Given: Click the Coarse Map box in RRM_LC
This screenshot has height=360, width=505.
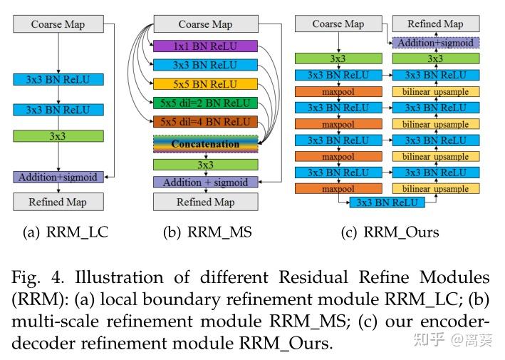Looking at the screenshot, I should tap(58, 24).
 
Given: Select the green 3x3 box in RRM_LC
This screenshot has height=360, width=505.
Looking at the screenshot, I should tap(58, 135).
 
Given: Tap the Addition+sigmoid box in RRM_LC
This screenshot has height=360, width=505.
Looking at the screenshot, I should tap(58, 177).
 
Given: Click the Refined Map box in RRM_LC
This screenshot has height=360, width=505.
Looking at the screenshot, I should tap(58, 202).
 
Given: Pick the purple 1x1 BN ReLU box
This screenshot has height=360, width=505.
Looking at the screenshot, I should tap(205, 46).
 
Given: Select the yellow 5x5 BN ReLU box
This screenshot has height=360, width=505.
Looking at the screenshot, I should tap(205, 84).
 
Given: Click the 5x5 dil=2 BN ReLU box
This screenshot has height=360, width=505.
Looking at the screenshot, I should tap(205, 103).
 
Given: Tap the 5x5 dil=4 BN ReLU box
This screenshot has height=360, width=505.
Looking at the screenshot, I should tap(205, 121).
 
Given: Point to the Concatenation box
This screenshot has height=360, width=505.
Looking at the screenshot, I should tap(205, 143).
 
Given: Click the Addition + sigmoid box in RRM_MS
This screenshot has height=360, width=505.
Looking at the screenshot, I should tap(205, 182).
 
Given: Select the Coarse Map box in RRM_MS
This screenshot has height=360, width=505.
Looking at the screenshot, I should tap(205, 24).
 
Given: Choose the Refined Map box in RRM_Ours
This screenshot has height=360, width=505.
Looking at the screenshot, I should tap(435, 24).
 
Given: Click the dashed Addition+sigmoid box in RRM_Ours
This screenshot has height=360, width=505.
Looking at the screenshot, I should tap(435, 43).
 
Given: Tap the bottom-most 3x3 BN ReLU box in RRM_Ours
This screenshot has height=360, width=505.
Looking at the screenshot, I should tap(387, 202).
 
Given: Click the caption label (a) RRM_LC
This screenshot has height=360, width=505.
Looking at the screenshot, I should tap(66, 232).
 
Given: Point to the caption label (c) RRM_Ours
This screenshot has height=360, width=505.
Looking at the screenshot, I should tap(390, 232).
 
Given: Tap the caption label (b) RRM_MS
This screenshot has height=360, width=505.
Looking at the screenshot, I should tap(207, 232).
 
